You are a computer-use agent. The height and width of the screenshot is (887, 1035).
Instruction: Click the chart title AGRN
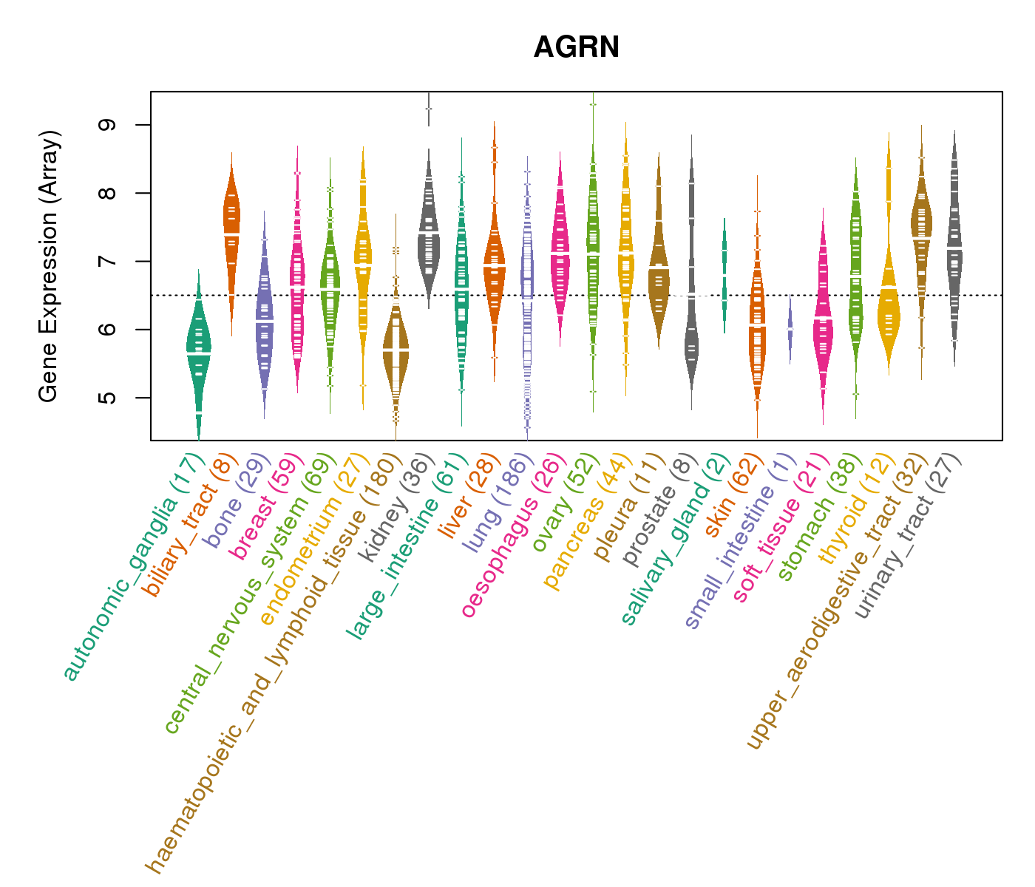(x=576, y=47)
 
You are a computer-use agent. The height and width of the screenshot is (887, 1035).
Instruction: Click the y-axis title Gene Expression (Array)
(x=48, y=266)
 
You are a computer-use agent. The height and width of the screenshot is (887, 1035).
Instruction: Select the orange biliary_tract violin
(x=231, y=222)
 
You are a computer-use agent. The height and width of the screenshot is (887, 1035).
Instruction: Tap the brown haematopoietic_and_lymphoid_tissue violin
(x=396, y=347)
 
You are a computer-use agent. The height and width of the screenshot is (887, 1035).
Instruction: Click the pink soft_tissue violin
(x=823, y=325)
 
